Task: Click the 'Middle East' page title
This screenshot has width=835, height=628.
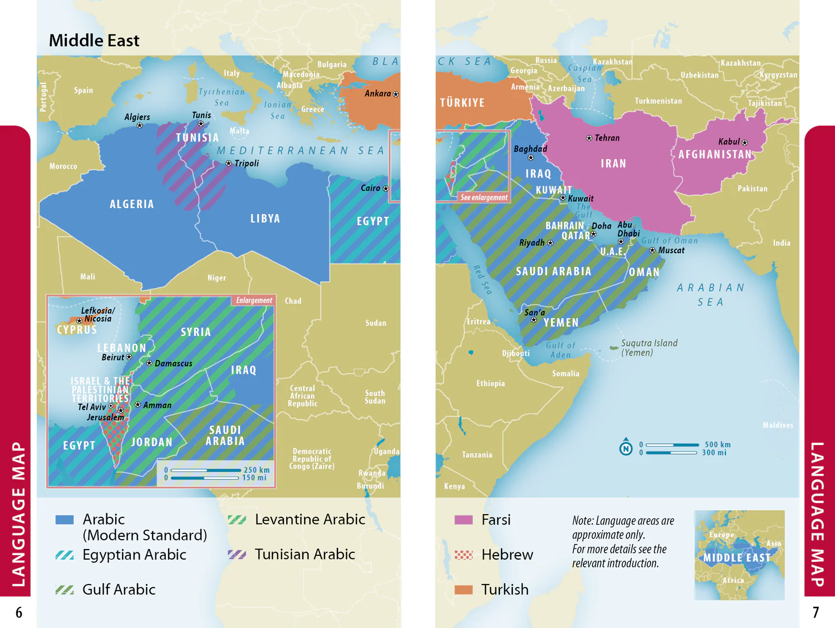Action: point(94,41)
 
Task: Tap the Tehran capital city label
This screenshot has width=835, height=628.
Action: point(607,138)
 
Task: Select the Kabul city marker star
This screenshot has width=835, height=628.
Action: point(745,143)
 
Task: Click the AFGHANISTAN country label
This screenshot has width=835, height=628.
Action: point(715,155)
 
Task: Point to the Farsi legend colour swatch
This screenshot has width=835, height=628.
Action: point(463,520)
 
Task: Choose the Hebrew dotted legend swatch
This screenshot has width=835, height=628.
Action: point(463,555)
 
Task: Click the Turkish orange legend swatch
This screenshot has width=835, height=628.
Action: point(463,590)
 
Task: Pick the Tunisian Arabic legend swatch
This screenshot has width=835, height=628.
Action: point(237,555)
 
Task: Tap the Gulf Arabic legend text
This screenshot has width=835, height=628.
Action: point(119,590)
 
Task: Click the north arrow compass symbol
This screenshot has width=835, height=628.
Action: point(626,448)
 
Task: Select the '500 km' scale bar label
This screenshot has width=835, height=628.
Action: point(717,444)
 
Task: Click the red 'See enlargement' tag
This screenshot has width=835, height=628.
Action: point(484,197)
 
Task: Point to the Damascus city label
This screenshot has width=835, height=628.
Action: point(173,364)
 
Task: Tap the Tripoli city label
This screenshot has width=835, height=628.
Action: point(247,164)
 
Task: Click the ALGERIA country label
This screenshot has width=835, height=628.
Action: point(131,204)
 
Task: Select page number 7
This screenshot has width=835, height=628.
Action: point(816,612)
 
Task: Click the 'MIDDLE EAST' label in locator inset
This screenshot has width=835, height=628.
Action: point(736,558)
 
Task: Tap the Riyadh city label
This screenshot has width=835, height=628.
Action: point(532,243)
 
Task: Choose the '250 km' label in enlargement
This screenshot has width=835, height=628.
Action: point(256,470)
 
